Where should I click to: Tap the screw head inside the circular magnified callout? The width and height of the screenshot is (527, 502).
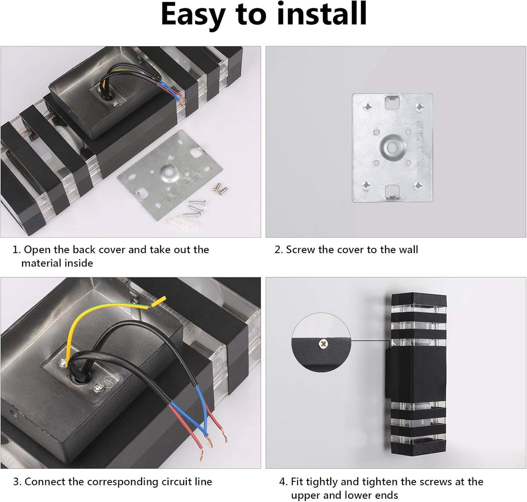point(323,343)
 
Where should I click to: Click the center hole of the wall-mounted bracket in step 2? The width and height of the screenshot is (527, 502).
point(392,146)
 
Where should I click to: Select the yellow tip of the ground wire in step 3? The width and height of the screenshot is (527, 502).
point(159,302)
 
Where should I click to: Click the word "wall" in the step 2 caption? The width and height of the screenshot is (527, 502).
point(408,250)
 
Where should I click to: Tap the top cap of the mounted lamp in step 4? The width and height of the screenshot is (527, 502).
point(419,299)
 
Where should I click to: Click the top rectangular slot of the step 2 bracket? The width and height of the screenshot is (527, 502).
point(393,103)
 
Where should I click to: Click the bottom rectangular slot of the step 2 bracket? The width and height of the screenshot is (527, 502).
point(393,192)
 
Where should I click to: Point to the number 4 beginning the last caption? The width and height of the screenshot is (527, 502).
point(283,482)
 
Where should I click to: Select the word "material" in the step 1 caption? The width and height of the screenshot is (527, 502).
point(44,263)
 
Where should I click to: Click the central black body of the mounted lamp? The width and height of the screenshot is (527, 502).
point(417,373)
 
